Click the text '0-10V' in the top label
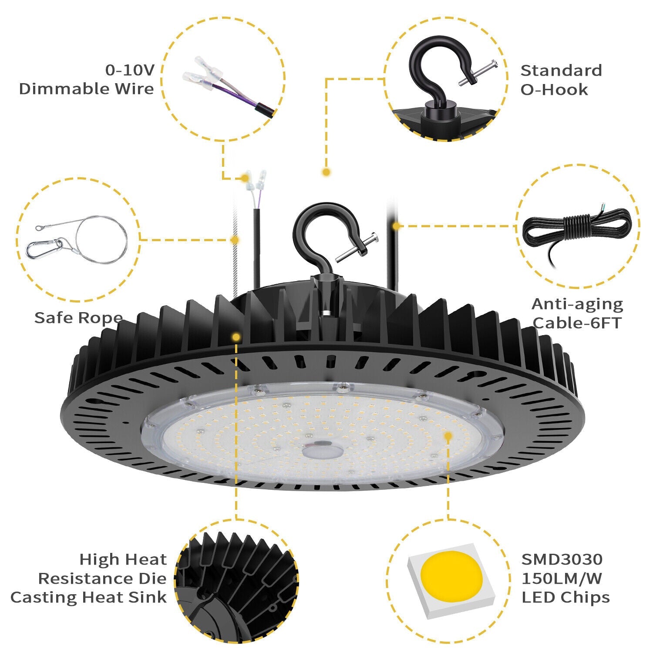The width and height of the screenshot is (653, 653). [x=130, y=70]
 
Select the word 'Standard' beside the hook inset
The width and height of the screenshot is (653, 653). [x=561, y=71]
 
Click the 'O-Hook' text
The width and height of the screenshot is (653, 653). [x=554, y=90]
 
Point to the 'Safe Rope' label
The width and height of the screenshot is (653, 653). [x=78, y=317]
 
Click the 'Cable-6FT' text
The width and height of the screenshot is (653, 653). [x=577, y=323]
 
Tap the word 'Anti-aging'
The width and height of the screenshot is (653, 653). [x=577, y=304]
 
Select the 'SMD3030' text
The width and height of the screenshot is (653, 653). [x=562, y=559]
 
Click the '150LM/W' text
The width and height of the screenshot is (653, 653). [x=562, y=579]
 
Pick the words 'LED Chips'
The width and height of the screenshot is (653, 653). [x=565, y=597]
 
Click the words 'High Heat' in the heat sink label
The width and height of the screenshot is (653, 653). [x=123, y=559]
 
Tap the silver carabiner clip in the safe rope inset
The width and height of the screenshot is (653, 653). [x=44, y=249]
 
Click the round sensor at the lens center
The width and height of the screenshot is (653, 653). [x=321, y=449]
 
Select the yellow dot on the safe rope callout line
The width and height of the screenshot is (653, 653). [x=235, y=239]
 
